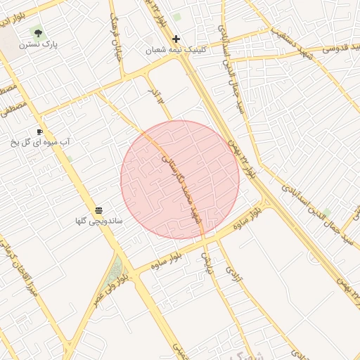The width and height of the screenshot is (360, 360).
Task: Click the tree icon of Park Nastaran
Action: (38, 32)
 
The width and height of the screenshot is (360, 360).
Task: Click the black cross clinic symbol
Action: (176, 39)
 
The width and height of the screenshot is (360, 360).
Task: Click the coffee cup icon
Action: (40, 131)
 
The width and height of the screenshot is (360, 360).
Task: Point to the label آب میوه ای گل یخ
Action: (40, 143)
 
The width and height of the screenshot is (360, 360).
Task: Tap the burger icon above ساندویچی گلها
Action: (99, 210)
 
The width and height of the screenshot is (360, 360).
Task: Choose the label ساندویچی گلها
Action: (99, 221)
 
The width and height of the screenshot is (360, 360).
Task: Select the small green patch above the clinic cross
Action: (176, 17)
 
